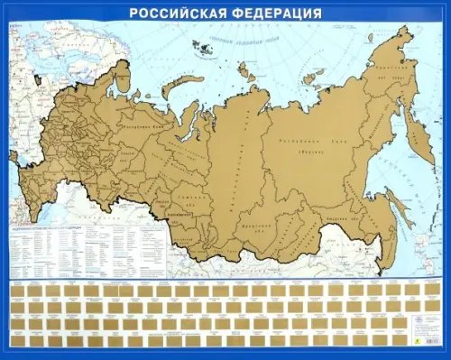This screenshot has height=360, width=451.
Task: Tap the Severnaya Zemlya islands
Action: (244, 68)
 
